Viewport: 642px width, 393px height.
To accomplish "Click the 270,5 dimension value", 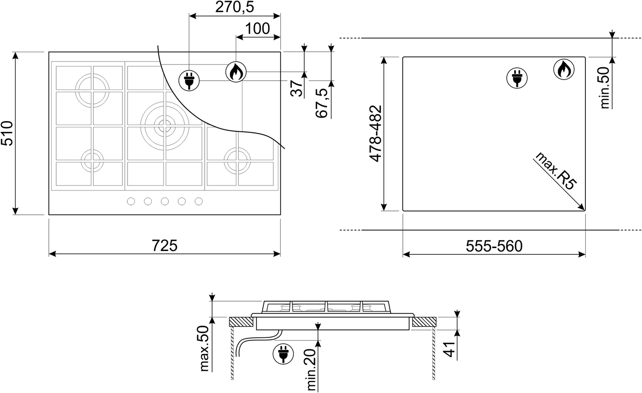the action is pyautogui.click(x=234, y=7).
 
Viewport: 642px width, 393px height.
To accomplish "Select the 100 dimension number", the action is pyautogui.click(x=258, y=28).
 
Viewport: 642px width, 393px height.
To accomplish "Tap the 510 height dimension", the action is pyautogui.click(x=7, y=133).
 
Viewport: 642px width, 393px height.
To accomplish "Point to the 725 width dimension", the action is pyautogui.click(x=165, y=246).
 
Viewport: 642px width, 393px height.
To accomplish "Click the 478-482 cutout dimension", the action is pyautogui.click(x=375, y=134).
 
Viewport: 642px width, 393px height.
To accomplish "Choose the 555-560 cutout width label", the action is pyautogui.click(x=494, y=246).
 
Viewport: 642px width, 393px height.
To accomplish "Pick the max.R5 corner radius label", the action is pyautogui.click(x=555, y=171).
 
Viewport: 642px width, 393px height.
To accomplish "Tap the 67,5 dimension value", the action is pyautogui.click(x=321, y=103).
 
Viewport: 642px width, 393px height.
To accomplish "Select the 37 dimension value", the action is pyautogui.click(x=297, y=88).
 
